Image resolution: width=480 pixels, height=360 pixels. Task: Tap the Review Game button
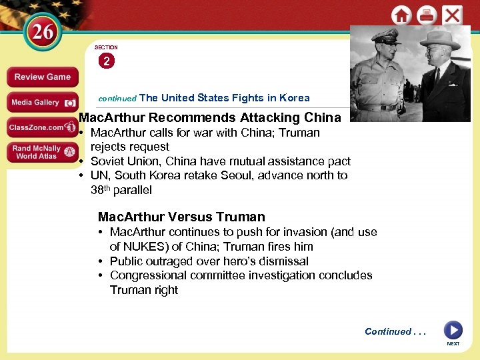pyautogui.click(x=42, y=77)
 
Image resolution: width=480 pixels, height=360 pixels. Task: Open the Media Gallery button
pyautogui.click(x=42, y=102)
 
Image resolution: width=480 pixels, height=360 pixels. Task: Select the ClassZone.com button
pyautogui.click(x=42, y=127)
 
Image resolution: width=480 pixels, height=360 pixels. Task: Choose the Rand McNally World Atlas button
pyautogui.click(x=42, y=152)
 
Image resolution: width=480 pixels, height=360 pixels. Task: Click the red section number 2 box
pyautogui.click(x=106, y=61)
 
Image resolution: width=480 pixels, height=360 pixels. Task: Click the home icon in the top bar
pyautogui.click(x=401, y=15)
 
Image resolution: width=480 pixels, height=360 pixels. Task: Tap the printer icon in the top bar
pyautogui.click(x=427, y=15)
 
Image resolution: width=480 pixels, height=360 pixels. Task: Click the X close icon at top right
pyautogui.click(x=453, y=15)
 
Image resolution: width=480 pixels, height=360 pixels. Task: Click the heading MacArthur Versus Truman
pyautogui.click(x=181, y=217)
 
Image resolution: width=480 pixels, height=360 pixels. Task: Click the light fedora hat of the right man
pyautogui.click(x=439, y=37)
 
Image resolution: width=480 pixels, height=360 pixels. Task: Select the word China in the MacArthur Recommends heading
pyautogui.click(x=322, y=118)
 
